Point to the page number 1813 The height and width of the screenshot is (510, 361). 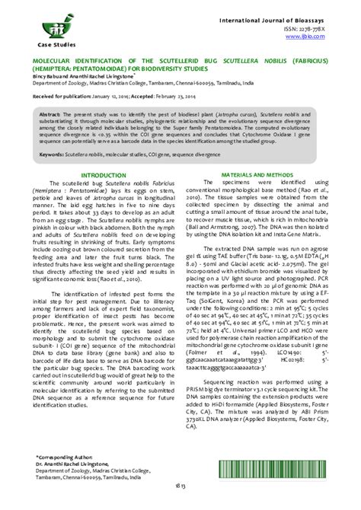coord(180,498)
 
